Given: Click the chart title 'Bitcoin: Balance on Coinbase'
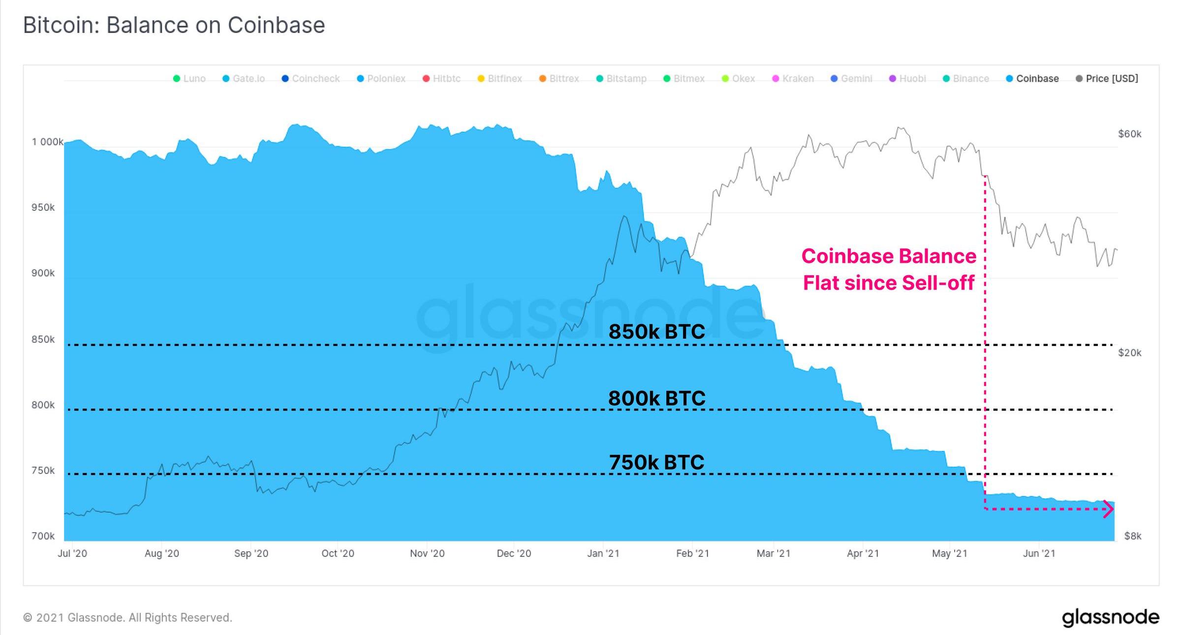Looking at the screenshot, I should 174,25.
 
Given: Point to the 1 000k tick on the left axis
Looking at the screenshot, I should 47,142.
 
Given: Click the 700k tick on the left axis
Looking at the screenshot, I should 43,536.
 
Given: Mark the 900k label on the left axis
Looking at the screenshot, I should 43,273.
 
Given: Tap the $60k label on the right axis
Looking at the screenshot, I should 1129,134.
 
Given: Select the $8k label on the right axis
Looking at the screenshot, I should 1132,536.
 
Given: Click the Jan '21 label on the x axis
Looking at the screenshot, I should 603,553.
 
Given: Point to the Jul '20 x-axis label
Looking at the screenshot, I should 72,553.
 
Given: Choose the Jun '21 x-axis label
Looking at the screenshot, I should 1039,553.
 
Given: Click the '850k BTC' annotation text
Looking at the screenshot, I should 656,331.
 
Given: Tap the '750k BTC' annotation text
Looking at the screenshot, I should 656,462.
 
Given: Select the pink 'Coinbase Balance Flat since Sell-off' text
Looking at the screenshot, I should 889,269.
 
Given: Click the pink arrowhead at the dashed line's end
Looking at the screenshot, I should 1108,509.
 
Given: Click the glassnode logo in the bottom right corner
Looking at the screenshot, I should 1110,618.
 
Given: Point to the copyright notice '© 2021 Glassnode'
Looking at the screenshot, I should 127,618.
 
